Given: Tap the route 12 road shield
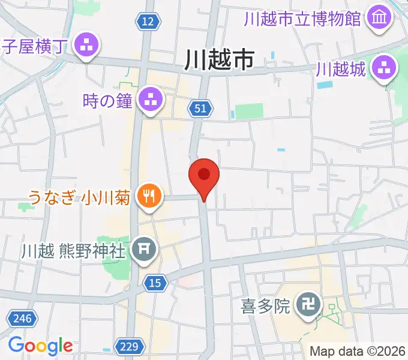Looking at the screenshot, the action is pos(149,22).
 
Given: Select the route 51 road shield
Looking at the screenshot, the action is pos(200,108).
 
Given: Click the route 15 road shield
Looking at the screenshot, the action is pos(155,283).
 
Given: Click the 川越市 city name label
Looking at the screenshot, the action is pos(219,61).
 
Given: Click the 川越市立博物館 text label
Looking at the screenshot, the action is pos(303,18).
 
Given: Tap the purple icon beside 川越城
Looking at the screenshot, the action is pos(385,69).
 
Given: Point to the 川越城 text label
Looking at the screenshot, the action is pos(341,70).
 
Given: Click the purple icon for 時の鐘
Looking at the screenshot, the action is pos(150,100).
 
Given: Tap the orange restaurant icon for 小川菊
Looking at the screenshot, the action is pos(148,196).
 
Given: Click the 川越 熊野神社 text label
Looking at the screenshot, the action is pos(74,249).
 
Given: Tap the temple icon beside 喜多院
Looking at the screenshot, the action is pos(310,307).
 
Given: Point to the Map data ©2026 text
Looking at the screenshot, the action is pos(356,350).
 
